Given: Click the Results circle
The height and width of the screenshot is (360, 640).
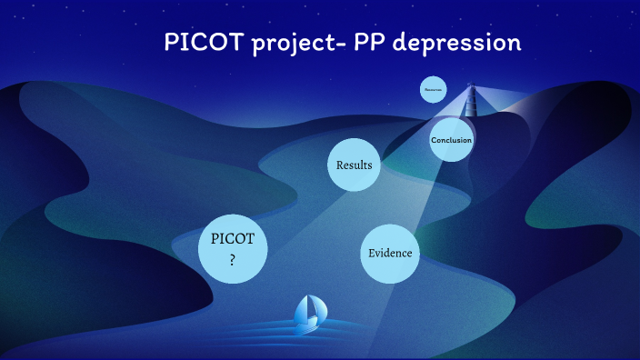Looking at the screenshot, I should tap(354, 165).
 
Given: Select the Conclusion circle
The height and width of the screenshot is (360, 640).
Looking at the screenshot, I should tap(452, 139).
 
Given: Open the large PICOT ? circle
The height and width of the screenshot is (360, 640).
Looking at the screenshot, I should tap(233, 249).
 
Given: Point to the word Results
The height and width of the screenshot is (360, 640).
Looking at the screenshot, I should tap(354, 165).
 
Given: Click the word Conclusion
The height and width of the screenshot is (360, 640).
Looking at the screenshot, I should tap(452, 140).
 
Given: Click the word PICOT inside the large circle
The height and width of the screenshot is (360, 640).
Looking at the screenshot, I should tap(233, 240).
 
